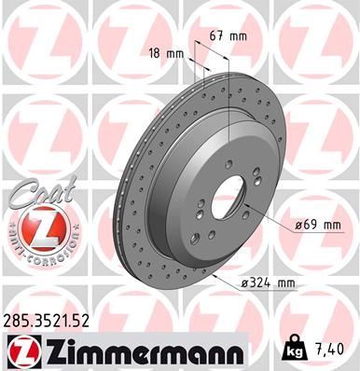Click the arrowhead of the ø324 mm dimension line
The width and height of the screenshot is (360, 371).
[214, 276]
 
